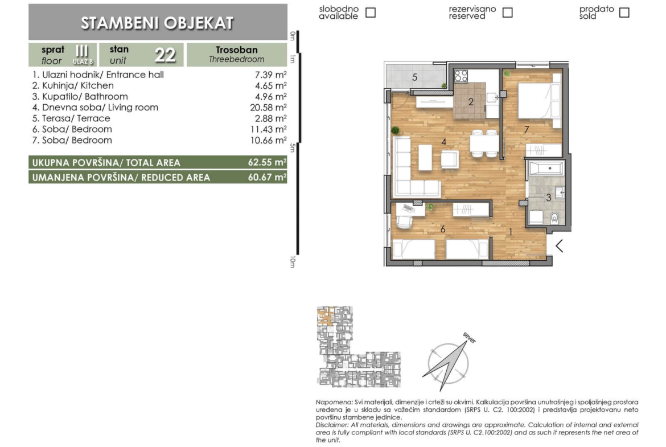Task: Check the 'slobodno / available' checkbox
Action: (x=371, y=13)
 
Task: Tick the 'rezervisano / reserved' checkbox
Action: (x=507, y=13)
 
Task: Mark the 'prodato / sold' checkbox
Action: (x=624, y=13)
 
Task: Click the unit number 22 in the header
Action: (x=165, y=55)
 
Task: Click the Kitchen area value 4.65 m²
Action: (x=270, y=85)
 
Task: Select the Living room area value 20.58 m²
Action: (x=268, y=108)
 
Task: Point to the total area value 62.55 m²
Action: (x=267, y=162)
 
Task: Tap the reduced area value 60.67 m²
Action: (x=267, y=177)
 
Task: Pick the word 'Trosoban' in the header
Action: (x=237, y=50)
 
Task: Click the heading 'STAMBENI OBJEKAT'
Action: (x=157, y=23)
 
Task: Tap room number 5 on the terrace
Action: (x=414, y=77)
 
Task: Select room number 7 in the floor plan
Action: (x=527, y=130)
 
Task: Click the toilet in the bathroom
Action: (x=554, y=218)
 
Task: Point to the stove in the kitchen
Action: (x=461, y=76)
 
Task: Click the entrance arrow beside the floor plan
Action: (x=560, y=245)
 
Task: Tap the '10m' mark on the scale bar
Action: (x=292, y=262)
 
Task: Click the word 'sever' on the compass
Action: (x=470, y=338)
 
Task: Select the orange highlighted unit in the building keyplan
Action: (x=325, y=318)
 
